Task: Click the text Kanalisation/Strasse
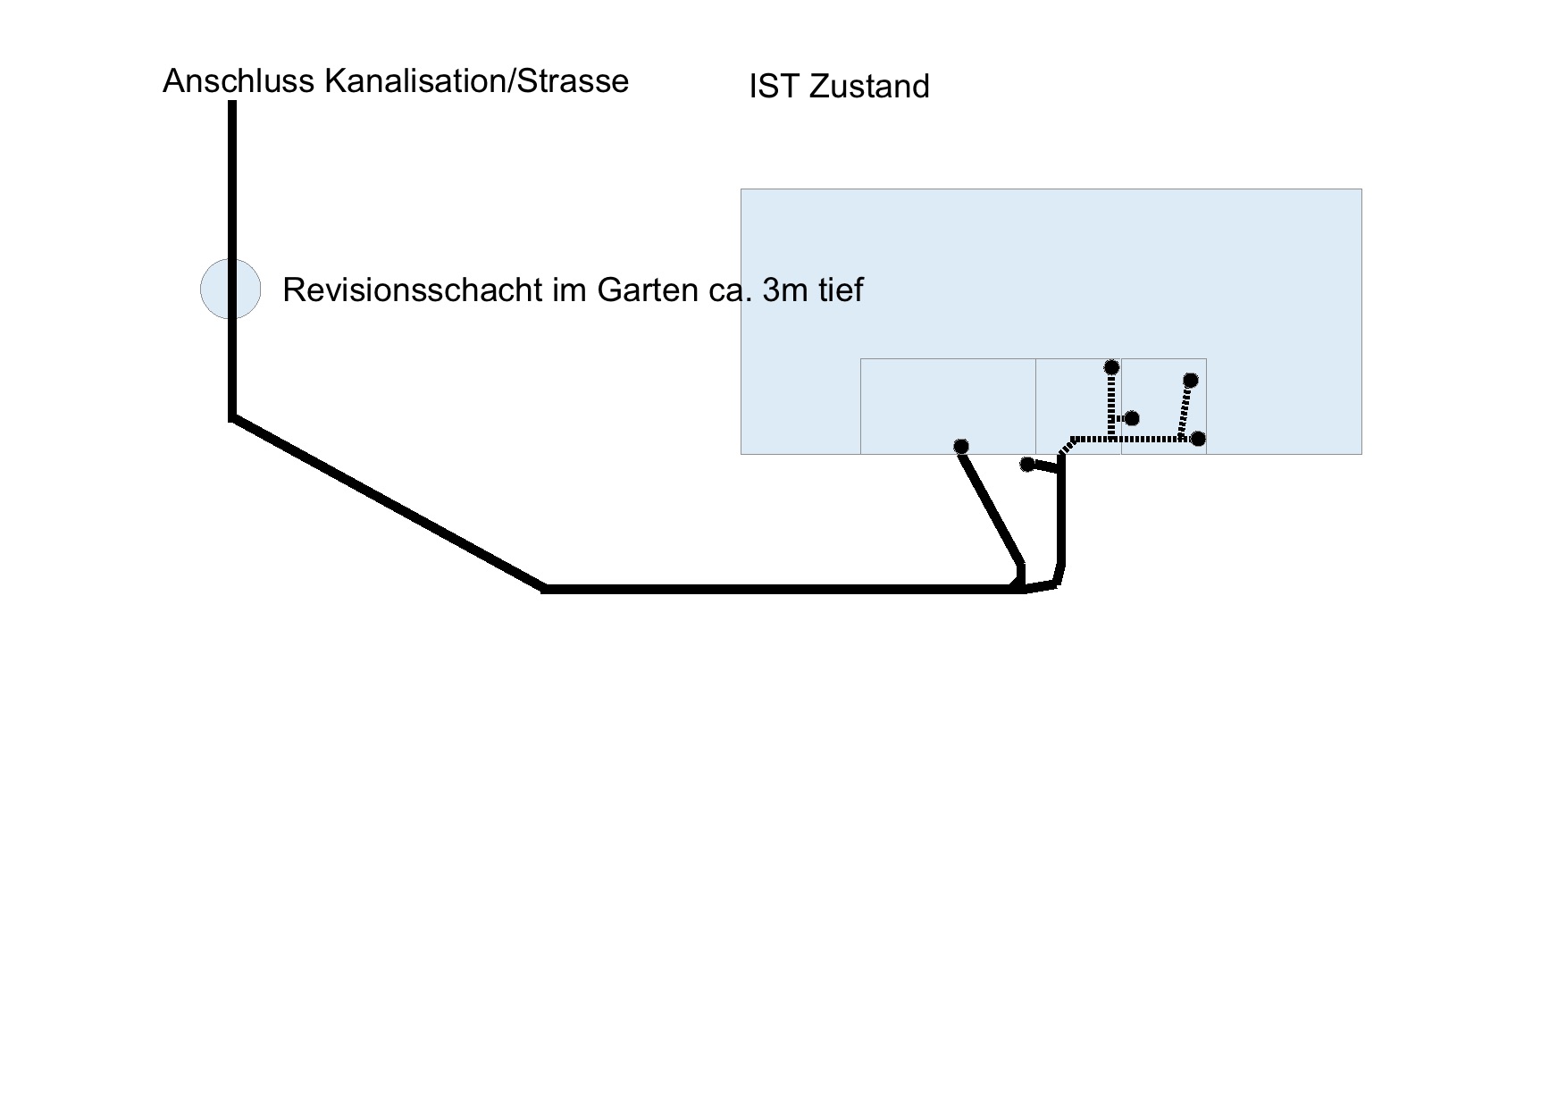(x=476, y=81)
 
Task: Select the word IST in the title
(x=775, y=87)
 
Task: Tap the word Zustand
(x=869, y=87)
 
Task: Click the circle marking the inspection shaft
(x=230, y=289)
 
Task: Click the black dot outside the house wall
(x=1027, y=464)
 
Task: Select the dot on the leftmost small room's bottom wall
(x=961, y=446)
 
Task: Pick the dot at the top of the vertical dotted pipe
(x=1111, y=367)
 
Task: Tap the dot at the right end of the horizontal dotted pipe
(x=1198, y=439)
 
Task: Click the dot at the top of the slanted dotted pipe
(x=1190, y=381)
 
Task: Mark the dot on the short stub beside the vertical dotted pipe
(x=1132, y=418)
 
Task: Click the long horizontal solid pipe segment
(x=777, y=589)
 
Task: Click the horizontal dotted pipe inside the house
(x=1143, y=439)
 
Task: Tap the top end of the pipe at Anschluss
(x=232, y=104)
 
